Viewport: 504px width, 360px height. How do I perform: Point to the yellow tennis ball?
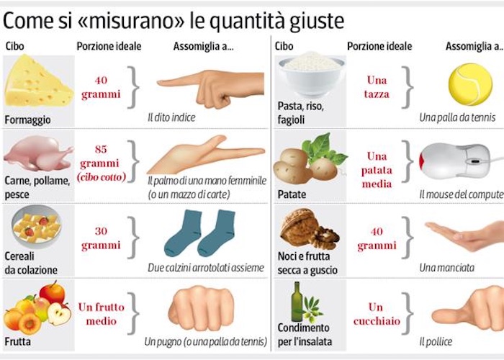click(469, 84)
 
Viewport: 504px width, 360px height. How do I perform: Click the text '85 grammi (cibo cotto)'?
click(101, 162)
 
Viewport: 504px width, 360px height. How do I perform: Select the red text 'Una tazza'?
click(377, 87)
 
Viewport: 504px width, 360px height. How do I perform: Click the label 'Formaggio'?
click(26, 119)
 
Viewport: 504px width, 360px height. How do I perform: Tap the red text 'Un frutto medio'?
click(101, 314)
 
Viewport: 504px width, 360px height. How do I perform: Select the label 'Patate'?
click(292, 194)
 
